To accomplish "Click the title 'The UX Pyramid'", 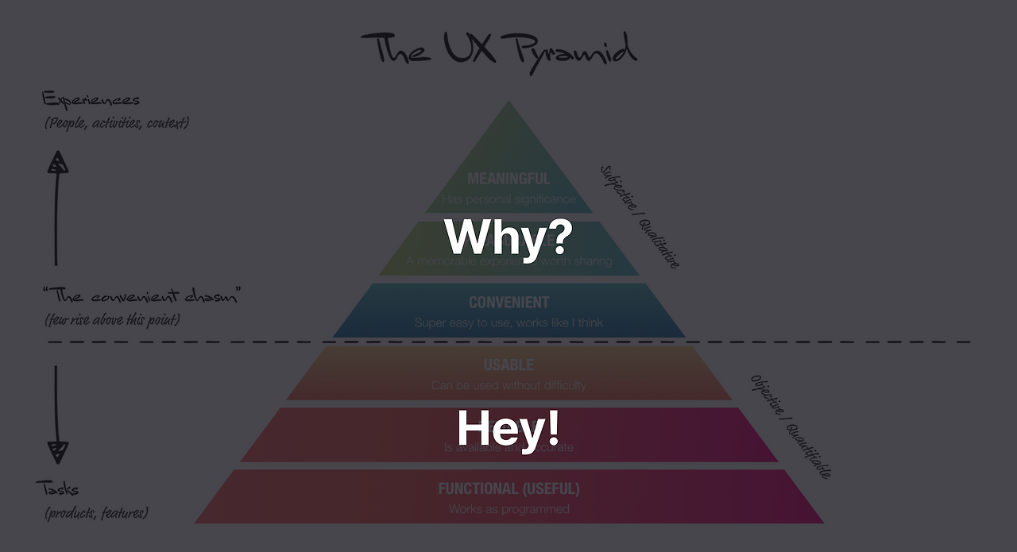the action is pyautogui.click(x=499, y=49).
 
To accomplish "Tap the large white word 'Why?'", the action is pyautogui.click(x=508, y=237).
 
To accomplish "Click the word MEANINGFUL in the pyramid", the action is pyautogui.click(x=508, y=179).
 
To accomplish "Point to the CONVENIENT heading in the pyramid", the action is pyautogui.click(x=508, y=303).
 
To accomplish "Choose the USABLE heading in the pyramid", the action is pyautogui.click(x=508, y=365).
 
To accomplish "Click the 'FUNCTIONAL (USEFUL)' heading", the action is pyautogui.click(x=508, y=488).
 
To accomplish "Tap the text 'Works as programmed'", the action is pyautogui.click(x=508, y=509).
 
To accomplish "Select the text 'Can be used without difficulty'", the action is pyautogui.click(x=508, y=385).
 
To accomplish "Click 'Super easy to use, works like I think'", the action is pyautogui.click(x=508, y=323).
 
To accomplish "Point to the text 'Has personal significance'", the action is pyautogui.click(x=508, y=199).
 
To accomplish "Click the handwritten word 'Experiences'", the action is pyautogui.click(x=91, y=100).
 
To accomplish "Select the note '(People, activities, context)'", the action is pyautogui.click(x=117, y=123).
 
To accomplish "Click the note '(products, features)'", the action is pyautogui.click(x=96, y=513).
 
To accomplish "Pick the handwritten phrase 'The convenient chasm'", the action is pyautogui.click(x=142, y=296).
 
